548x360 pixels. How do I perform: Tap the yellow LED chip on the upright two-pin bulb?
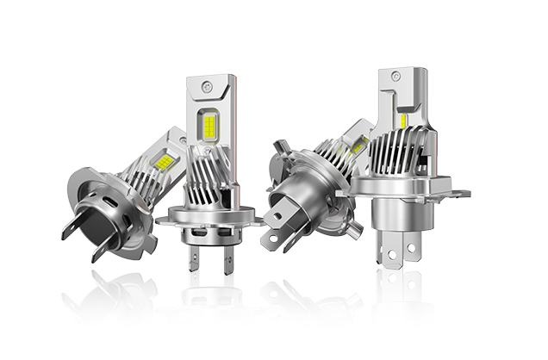(x=210, y=128)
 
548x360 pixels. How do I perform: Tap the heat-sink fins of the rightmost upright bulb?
(x=397, y=156)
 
